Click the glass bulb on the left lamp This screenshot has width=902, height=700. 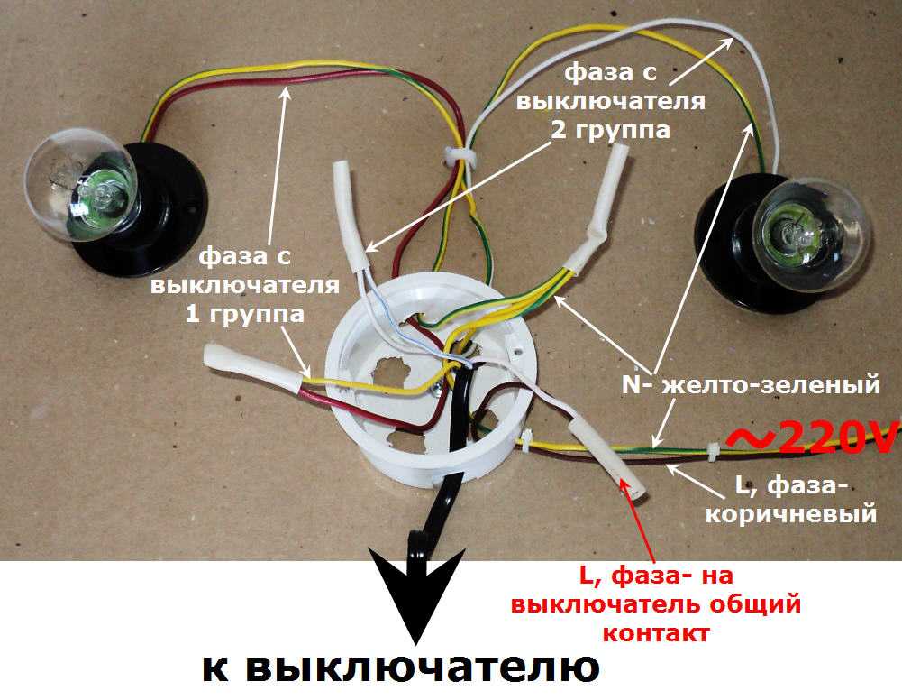tap(80, 184)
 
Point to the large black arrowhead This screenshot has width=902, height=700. tap(416, 593)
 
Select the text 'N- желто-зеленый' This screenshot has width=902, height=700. tap(751, 384)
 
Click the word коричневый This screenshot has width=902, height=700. tap(791, 513)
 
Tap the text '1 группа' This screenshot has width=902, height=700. tap(244, 314)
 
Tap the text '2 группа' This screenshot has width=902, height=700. tap(610, 129)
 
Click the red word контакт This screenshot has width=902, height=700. tap(655, 632)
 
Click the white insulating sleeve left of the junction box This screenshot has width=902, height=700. tap(252, 370)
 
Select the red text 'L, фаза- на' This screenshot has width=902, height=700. tap(656, 576)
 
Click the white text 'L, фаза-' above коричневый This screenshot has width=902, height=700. tap(792, 486)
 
